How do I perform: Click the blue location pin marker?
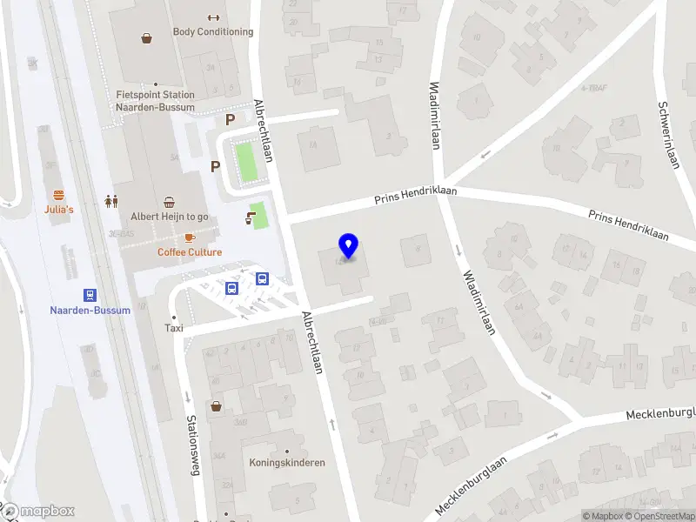click(x=348, y=246)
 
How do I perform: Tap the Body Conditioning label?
click(x=213, y=32)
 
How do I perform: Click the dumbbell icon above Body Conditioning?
click(x=213, y=17)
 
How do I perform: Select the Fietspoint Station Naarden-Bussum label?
click(x=156, y=101)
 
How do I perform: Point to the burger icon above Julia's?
click(x=59, y=195)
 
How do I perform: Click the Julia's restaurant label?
click(x=59, y=210)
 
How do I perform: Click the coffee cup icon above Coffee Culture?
click(x=189, y=238)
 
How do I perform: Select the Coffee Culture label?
click(x=190, y=252)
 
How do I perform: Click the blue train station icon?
click(x=90, y=296)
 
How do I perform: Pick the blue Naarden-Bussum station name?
click(x=90, y=311)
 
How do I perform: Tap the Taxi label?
click(x=175, y=328)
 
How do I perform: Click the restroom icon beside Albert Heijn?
click(x=111, y=201)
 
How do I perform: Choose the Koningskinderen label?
click(x=287, y=463)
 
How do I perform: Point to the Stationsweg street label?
click(x=193, y=441)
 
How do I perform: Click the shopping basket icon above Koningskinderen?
click(x=215, y=405)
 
